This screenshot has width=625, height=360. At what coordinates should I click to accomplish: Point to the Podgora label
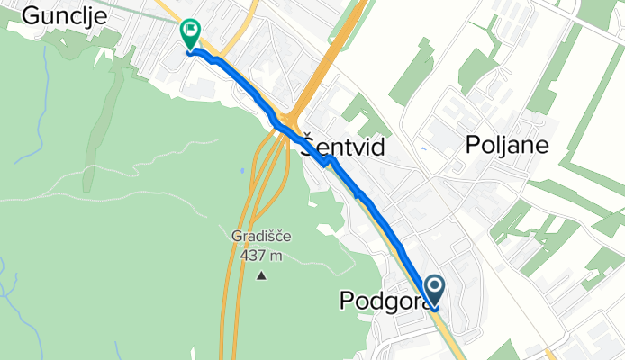coord(382,301)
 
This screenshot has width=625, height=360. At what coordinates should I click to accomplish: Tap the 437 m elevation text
coord(262,255)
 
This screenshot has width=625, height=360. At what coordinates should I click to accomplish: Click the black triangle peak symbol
coord(262,274)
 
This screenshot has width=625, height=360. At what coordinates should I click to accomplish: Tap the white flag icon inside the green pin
coord(191,31)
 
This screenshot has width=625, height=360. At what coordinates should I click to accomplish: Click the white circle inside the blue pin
coord(434,287)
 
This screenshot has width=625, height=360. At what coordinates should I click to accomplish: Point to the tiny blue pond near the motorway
coord(241,171)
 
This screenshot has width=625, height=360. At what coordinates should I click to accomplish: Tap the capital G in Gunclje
coord(29,15)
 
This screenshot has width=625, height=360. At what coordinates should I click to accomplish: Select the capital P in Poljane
coord(474,145)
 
